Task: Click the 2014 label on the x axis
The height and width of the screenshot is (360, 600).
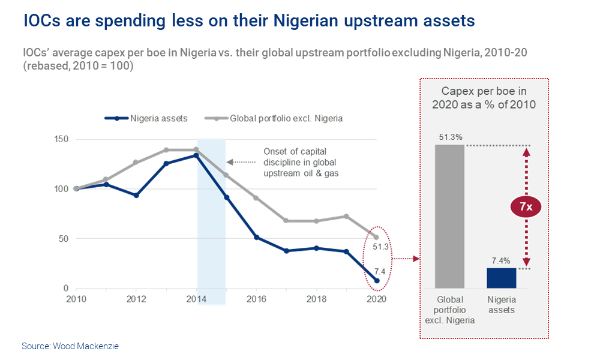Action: point(197,299)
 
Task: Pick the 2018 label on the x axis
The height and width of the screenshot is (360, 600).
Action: point(316,299)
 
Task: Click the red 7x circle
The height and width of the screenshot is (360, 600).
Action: point(526,207)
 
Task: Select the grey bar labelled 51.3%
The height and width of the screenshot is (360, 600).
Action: point(450,216)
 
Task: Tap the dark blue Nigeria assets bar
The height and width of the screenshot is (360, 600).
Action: point(501,278)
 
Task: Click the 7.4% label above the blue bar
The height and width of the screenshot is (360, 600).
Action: point(501,260)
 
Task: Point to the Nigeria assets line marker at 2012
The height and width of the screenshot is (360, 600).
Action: point(136,196)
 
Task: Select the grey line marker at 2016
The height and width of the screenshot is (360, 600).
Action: point(256,197)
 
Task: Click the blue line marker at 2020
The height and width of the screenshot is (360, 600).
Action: point(376,281)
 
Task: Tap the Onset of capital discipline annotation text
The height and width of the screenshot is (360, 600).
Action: point(299,162)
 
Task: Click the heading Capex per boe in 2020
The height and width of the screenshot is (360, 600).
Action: point(484,98)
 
